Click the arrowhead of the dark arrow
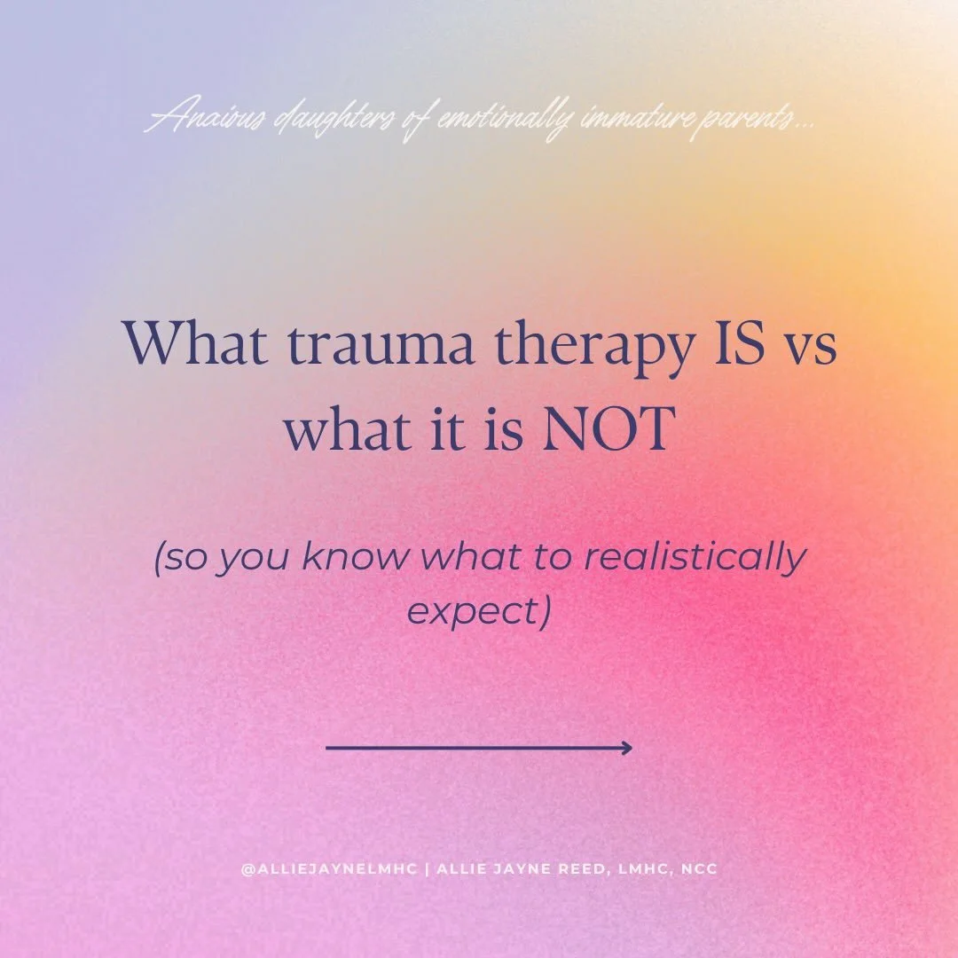coord(626,748)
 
